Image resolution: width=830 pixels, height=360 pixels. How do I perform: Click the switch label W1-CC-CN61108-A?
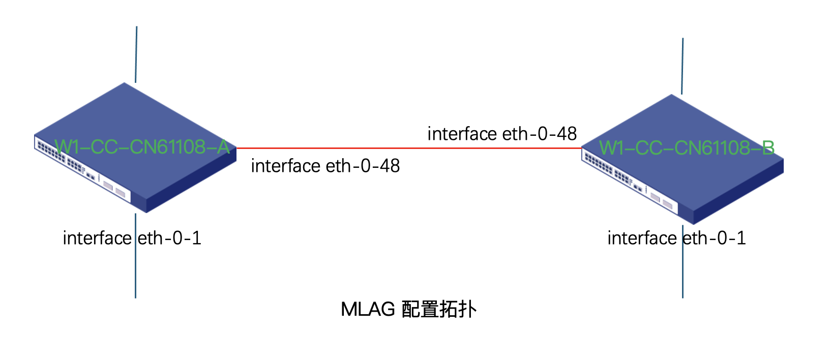click(x=142, y=147)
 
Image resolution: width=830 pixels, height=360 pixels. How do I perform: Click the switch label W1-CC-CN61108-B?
click(x=686, y=148)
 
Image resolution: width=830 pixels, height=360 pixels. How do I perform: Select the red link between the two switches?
click(x=407, y=148)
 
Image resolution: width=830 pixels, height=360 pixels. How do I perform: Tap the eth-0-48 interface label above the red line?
click(x=502, y=134)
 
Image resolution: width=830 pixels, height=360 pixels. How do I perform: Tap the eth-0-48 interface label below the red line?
click(x=325, y=166)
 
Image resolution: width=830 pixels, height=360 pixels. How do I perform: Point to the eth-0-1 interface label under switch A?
click(x=132, y=238)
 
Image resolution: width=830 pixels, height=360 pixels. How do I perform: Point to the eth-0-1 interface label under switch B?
click(x=676, y=238)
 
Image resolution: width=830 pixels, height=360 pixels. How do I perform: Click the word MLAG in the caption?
click(x=368, y=309)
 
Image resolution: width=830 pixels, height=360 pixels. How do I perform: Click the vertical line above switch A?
click(x=136, y=53)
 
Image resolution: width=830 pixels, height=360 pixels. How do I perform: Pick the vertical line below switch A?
click(x=135, y=269)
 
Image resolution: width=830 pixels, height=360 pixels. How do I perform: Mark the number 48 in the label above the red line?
click(x=567, y=134)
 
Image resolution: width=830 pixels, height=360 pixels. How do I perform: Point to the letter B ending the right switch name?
click(x=768, y=148)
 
